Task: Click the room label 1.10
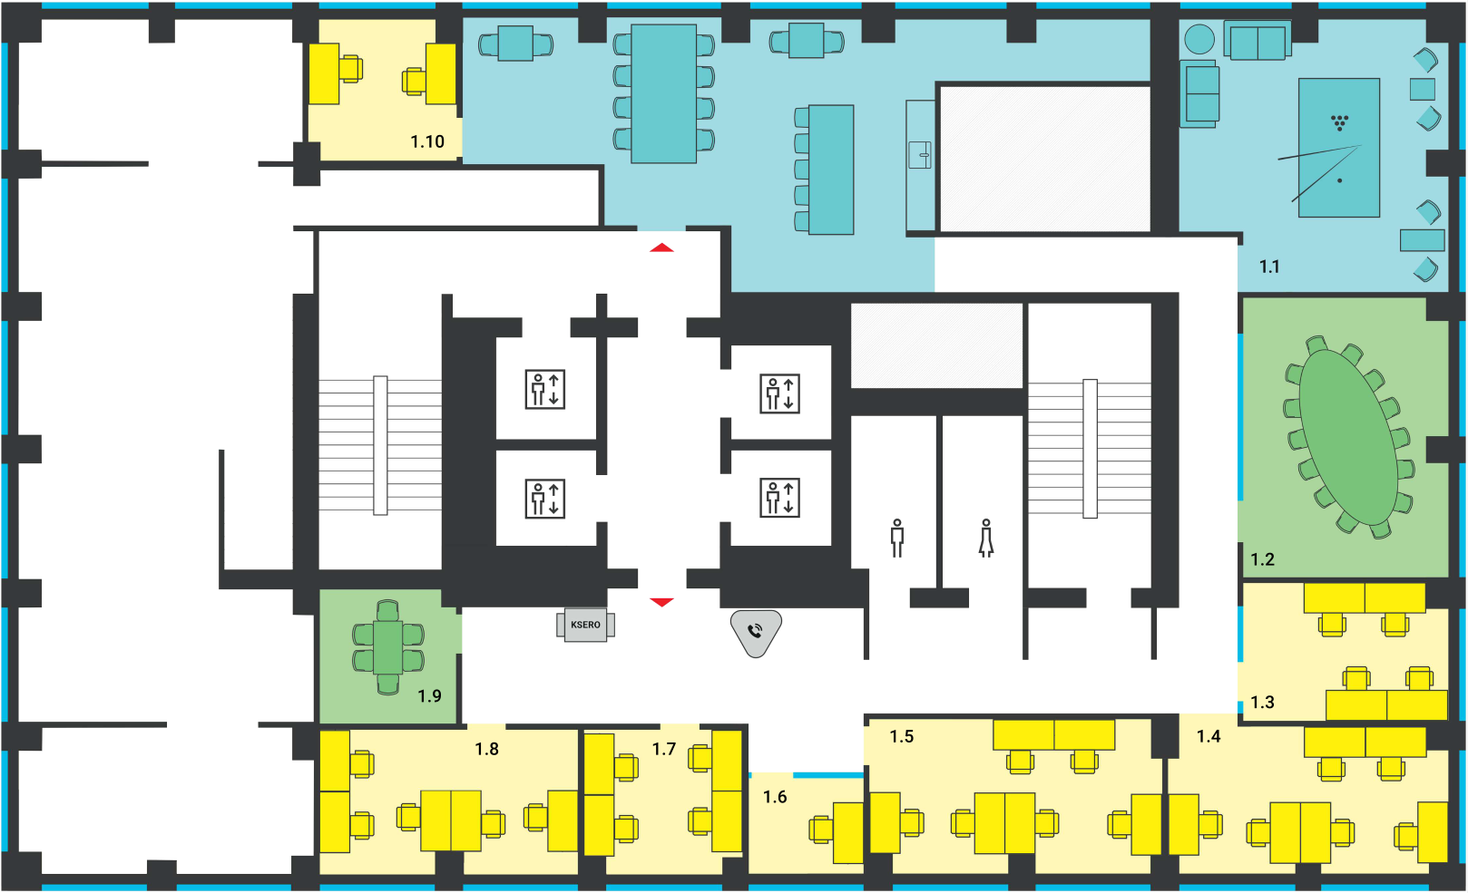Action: pos(427,141)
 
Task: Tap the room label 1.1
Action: pos(1269,267)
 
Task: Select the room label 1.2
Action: pos(1262,559)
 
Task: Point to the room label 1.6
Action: pos(775,797)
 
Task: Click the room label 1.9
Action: pos(430,696)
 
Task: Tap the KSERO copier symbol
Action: pos(585,625)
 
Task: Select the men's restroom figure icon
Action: pos(897,539)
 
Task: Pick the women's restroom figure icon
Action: pos(985,539)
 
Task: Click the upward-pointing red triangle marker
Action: pos(662,248)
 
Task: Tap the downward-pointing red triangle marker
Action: pos(662,602)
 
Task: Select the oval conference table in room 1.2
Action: pos(1348,437)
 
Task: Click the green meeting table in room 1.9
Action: pos(388,647)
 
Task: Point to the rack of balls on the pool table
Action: pos(1339,122)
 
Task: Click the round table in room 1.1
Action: pos(1199,39)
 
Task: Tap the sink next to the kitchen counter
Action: pos(920,155)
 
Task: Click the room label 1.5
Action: pos(901,736)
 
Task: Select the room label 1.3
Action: pos(1262,703)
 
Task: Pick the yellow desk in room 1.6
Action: pos(848,833)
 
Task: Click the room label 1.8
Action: pos(486,749)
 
